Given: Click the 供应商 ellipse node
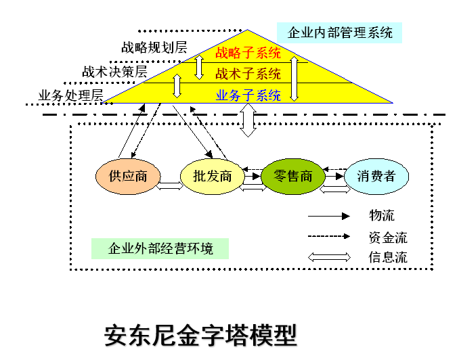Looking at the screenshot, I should pyautogui.click(x=128, y=177).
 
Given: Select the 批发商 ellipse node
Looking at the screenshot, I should pyautogui.click(x=213, y=177).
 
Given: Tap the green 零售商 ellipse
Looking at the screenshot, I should pyautogui.click(x=293, y=176).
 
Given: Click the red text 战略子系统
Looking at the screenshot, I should pyautogui.click(x=248, y=53).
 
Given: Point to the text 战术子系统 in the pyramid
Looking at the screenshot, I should pyautogui.click(x=248, y=74).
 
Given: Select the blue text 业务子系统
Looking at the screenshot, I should pyautogui.click(x=248, y=95).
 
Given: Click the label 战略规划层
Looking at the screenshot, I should pyautogui.click(x=154, y=47).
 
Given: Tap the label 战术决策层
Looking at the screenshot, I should pyautogui.click(x=114, y=71).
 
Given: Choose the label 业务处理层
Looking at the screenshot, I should pyautogui.click(x=70, y=95).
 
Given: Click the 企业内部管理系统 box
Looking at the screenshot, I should pyautogui.click(x=339, y=32).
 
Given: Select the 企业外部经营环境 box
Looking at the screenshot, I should pyautogui.click(x=160, y=248).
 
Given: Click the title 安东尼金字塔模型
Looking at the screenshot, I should pyautogui.click(x=200, y=335).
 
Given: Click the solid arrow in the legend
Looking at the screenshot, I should pyautogui.click(x=329, y=217).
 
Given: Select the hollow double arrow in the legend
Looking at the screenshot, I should pyautogui.click(x=329, y=257).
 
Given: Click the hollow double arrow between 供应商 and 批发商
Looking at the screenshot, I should pyautogui.click(x=169, y=187).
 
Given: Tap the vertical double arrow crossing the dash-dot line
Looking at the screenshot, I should pyautogui.click(x=248, y=120).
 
